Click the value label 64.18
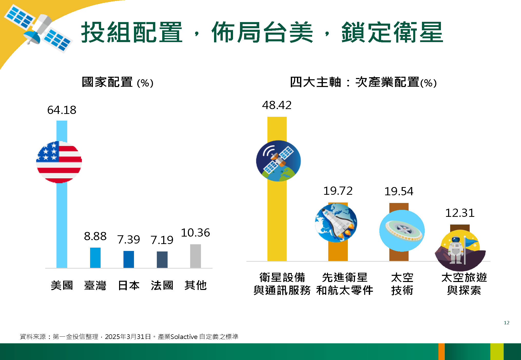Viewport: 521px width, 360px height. (x=62, y=110)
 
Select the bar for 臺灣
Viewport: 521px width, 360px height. (x=95, y=258)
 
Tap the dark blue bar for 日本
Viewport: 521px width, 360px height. (x=129, y=259)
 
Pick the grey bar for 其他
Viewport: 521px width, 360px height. (x=195, y=256)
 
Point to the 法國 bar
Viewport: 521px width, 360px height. (x=162, y=260)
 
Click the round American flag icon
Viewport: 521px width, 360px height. (x=59, y=162)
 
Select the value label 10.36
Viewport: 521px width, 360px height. (x=195, y=233)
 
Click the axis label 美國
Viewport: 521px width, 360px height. (x=62, y=285)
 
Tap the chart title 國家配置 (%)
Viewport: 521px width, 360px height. (x=118, y=82)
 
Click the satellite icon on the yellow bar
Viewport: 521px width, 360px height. (x=278, y=161)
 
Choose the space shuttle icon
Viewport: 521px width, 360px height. (x=336, y=222)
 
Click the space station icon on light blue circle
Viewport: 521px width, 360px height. (x=402, y=231)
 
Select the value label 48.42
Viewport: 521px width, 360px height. (x=277, y=105)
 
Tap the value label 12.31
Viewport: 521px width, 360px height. (x=460, y=213)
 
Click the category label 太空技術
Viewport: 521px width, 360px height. (x=402, y=284)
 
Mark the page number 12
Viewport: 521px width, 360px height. (x=507, y=323)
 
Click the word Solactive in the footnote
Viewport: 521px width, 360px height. (x=184, y=337)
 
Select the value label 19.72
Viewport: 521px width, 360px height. (x=338, y=191)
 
